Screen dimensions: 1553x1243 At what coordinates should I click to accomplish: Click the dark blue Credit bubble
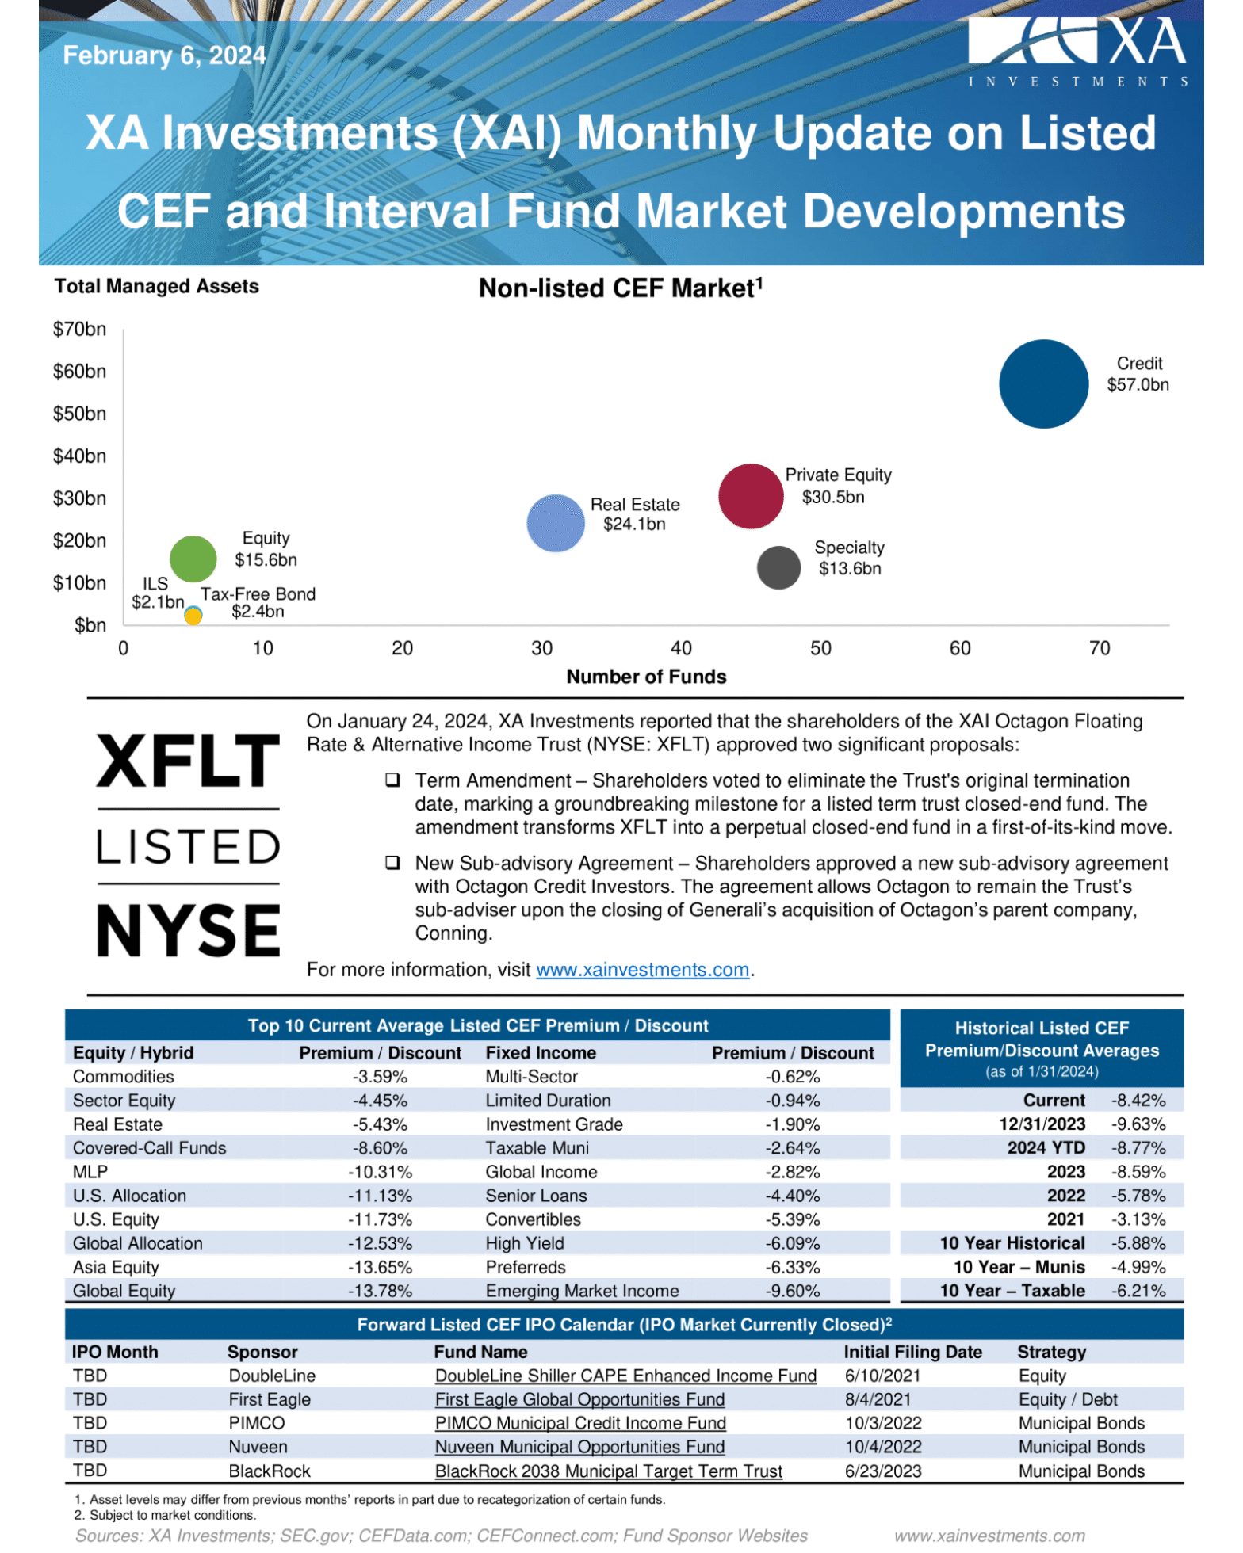(x=1043, y=384)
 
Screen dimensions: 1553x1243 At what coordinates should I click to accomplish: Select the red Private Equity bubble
(x=750, y=496)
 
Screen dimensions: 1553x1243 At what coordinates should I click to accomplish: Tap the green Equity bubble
(x=193, y=559)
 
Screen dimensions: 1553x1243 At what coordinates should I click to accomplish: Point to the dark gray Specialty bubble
(x=778, y=567)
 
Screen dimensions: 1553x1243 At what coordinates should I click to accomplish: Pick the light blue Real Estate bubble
(x=556, y=523)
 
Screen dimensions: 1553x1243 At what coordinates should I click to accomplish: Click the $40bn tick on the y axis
(x=79, y=456)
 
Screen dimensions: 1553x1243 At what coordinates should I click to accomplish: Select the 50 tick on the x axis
(x=820, y=648)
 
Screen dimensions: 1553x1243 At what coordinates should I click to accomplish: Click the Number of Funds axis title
(x=646, y=677)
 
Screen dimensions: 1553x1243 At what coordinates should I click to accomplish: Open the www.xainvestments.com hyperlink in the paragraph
(x=642, y=970)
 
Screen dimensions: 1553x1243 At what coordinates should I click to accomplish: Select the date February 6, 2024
(x=164, y=55)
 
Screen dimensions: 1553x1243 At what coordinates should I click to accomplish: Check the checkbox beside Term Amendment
(x=392, y=780)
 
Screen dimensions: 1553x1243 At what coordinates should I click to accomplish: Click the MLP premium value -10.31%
(x=380, y=1172)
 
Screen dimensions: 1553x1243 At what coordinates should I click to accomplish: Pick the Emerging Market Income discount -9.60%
(x=792, y=1291)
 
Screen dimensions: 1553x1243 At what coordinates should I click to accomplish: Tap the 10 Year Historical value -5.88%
(x=1138, y=1243)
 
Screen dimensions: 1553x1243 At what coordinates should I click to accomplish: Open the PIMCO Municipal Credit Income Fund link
(x=580, y=1423)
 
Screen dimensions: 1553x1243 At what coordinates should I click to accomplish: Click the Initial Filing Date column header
(x=912, y=1352)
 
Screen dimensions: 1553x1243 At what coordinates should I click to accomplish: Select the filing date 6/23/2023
(x=883, y=1471)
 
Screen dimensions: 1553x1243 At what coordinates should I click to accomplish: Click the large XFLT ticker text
(x=188, y=761)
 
